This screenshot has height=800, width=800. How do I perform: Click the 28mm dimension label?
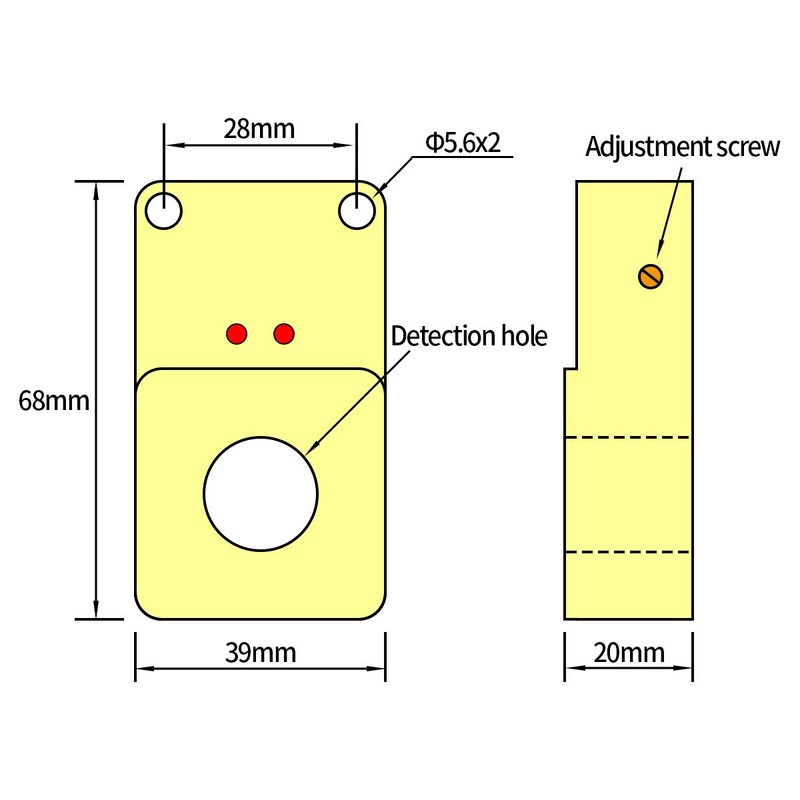pyautogui.click(x=259, y=128)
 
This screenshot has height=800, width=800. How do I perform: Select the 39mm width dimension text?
pyautogui.click(x=260, y=653)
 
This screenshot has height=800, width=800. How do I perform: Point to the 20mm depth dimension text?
pyautogui.click(x=629, y=653)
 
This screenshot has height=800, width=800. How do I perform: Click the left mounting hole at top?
pyautogui.click(x=163, y=211)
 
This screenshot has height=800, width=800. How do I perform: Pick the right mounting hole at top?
pyautogui.click(x=356, y=211)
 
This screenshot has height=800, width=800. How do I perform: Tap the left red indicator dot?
pyautogui.click(x=237, y=333)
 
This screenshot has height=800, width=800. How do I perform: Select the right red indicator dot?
pyautogui.click(x=284, y=333)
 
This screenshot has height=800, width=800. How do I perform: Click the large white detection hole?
pyautogui.click(x=261, y=493)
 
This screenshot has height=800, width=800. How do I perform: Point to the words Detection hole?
pyautogui.click(x=469, y=336)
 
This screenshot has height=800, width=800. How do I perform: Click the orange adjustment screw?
pyautogui.click(x=652, y=276)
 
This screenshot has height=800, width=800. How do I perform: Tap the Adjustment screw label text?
pyautogui.click(x=682, y=147)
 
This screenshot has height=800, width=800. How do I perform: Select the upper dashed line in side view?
pyautogui.click(x=629, y=437)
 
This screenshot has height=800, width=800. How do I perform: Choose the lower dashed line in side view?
pyautogui.click(x=629, y=552)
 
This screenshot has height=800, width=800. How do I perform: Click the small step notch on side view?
pyautogui.click(x=570, y=369)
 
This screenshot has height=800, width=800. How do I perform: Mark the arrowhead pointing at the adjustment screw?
pyautogui.click(x=659, y=255)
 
